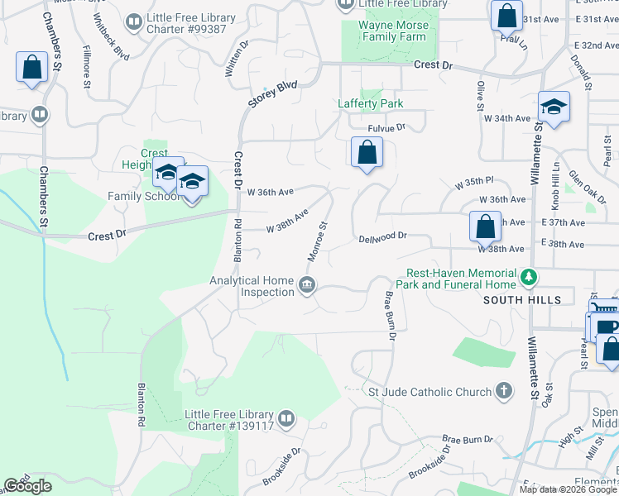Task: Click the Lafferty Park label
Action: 370,103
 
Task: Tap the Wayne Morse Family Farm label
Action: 393,31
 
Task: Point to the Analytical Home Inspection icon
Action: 307,286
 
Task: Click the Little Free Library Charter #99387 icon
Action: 133,21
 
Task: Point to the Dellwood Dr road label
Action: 382,237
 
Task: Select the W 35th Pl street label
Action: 474,182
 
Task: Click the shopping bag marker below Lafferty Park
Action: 366,153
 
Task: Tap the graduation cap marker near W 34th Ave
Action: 554,107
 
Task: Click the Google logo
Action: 28,486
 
